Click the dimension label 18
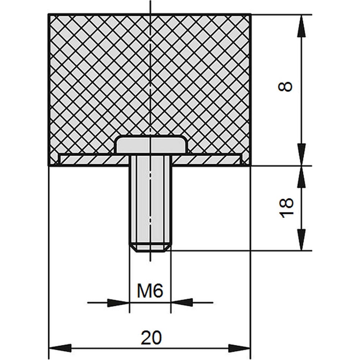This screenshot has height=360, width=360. click(x=286, y=208)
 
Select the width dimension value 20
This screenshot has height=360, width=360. click(x=151, y=338)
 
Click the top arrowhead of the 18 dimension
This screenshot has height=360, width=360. click(x=302, y=177)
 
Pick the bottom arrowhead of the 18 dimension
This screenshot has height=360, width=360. click(x=302, y=239)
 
